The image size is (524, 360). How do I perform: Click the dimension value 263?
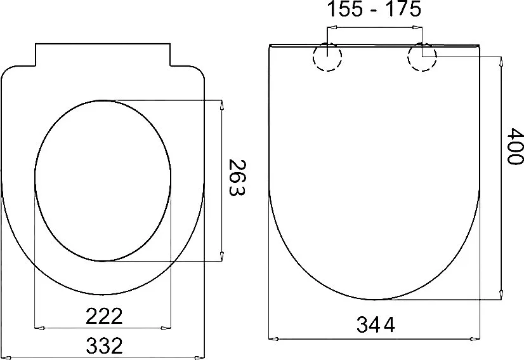click(237, 178)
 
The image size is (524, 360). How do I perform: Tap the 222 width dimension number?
click(104, 316)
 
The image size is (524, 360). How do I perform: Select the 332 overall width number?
click(105, 345)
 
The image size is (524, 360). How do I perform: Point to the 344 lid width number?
click(376, 324)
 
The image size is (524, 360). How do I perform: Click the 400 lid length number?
click(515, 146)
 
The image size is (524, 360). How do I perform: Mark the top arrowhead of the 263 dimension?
click(222, 105)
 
